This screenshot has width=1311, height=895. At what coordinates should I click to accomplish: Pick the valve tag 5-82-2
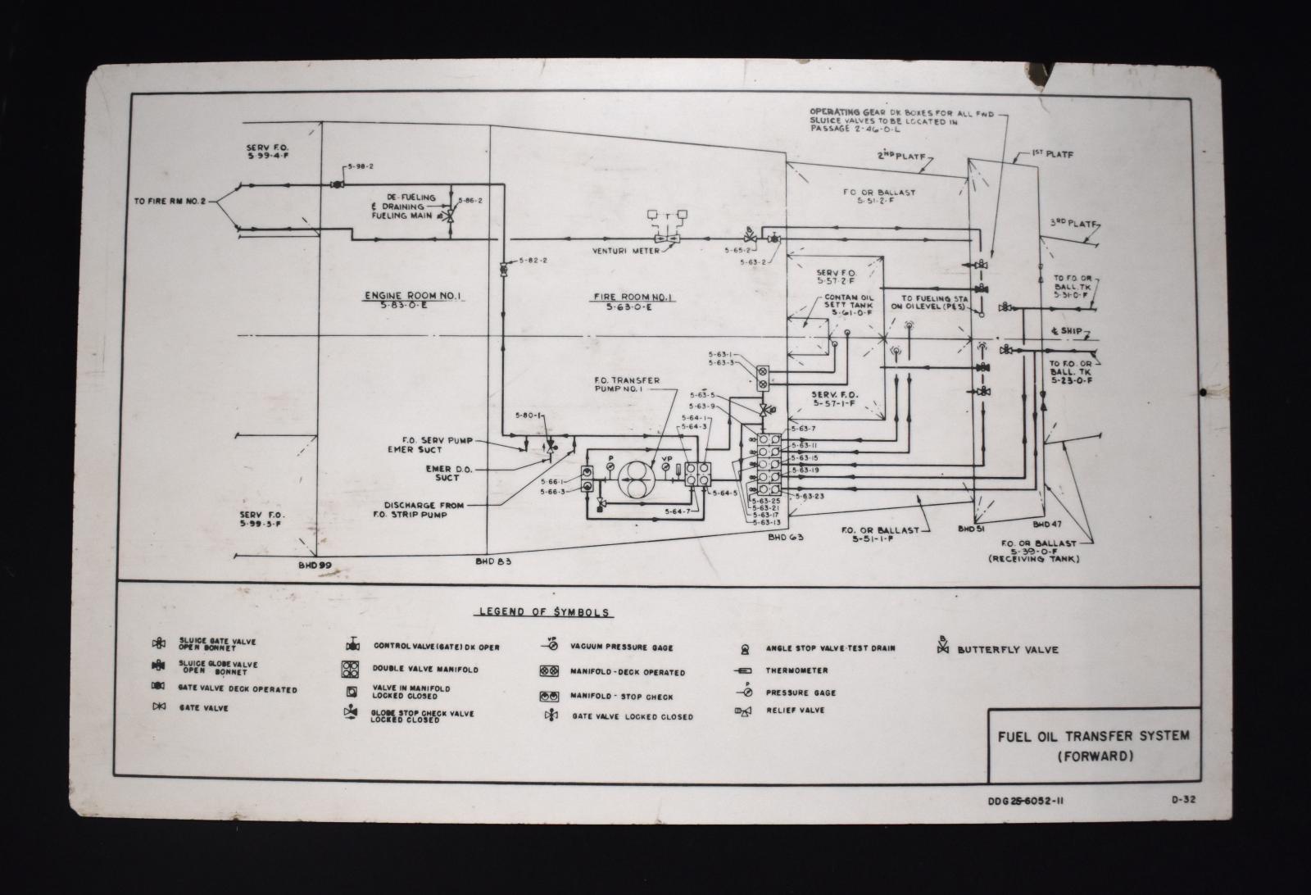tap(533, 260)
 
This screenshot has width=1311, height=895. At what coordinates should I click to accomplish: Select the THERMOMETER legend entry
tap(796, 670)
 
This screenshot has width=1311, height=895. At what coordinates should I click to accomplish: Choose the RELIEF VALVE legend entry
tap(795, 710)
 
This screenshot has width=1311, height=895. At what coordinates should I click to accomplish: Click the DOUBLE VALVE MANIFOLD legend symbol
tap(352, 670)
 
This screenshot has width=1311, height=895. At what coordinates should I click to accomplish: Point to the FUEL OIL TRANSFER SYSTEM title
tap(1092, 736)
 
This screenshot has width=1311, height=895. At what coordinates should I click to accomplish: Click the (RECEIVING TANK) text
tap(1034, 559)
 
